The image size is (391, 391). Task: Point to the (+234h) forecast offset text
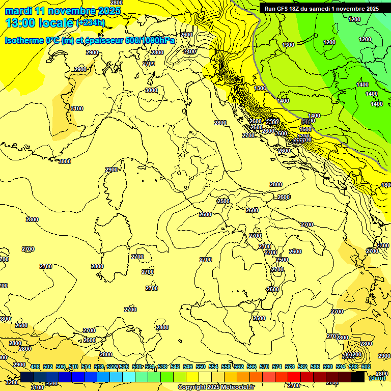[x=91, y=22]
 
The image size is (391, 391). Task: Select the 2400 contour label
[x=190, y=51]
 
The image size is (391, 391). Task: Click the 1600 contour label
[x=305, y=130]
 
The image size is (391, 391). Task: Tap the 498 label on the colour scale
[x=35, y=367]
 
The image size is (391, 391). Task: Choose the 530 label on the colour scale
[x=137, y=367]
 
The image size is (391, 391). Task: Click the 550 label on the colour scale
[x=201, y=367]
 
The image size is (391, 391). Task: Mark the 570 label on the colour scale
[x=264, y=367]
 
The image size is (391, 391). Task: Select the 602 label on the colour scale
[x=366, y=367]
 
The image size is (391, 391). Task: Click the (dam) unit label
[x=377, y=378]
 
